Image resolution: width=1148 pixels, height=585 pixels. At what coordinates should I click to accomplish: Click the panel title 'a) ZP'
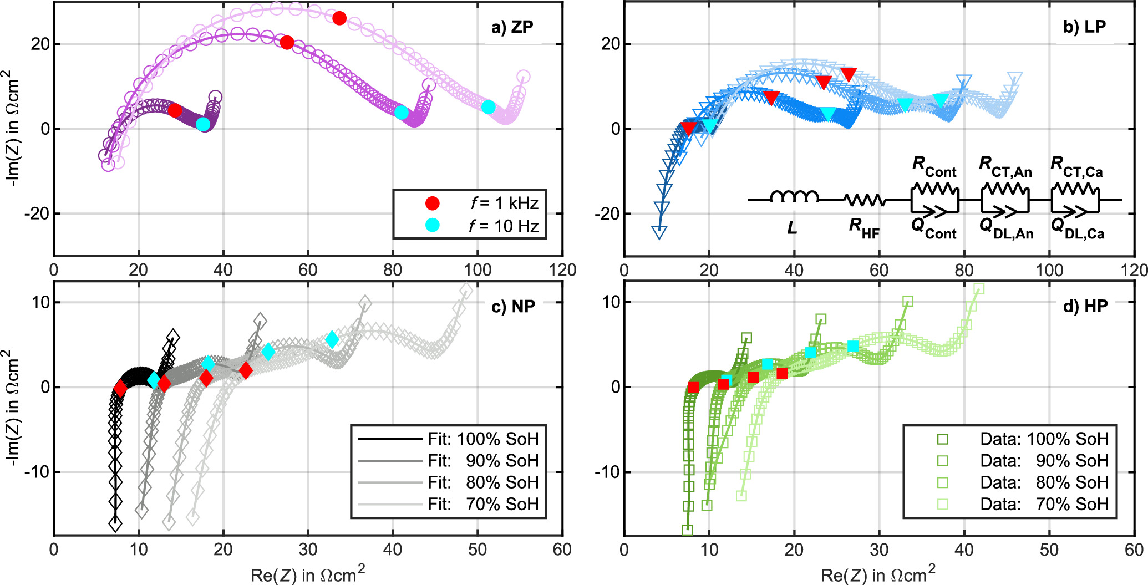point(512,27)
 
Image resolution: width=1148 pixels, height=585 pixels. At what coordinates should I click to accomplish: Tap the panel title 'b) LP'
point(1084,27)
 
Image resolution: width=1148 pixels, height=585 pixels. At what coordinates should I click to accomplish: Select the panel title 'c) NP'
point(513,306)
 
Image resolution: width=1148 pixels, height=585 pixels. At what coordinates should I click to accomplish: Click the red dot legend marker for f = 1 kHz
point(433,204)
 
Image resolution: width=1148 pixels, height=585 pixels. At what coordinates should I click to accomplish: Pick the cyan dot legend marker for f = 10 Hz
point(433,225)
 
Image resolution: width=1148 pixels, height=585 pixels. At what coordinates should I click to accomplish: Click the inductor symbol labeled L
point(794,197)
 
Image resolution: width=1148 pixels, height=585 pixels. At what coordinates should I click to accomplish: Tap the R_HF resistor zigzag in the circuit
point(864,200)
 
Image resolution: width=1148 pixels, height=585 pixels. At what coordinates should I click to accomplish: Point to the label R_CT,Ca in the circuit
point(1076,167)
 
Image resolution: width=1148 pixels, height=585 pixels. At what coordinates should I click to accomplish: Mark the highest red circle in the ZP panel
point(339,18)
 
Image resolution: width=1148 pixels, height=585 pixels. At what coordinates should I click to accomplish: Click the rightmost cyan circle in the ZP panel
point(488,107)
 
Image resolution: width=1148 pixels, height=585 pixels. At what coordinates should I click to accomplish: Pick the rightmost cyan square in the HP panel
point(852,346)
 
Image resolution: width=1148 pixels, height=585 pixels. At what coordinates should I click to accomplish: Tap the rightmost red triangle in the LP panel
point(849,74)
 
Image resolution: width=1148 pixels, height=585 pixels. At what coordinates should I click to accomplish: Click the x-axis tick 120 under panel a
point(562,270)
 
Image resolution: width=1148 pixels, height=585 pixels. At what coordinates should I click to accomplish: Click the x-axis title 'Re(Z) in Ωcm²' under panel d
point(877,574)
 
